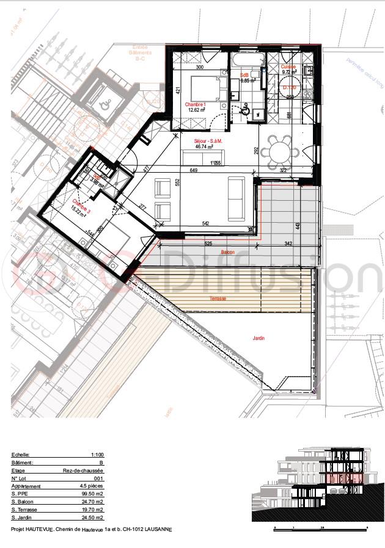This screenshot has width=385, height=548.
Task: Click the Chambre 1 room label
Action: tap(199, 104)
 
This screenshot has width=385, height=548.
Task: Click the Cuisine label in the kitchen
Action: tap(288, 67)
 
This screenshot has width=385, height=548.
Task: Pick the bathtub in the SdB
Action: tap(247, 60)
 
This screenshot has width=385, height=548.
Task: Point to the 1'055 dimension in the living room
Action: tap(215, 163)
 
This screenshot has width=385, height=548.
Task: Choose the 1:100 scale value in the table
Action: tap(96, 455)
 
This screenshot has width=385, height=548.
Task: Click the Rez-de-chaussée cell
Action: tap(89, 471)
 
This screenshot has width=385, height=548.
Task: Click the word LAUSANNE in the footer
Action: tap(155, 530)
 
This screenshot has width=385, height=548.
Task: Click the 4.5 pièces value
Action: tap(92, 486)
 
